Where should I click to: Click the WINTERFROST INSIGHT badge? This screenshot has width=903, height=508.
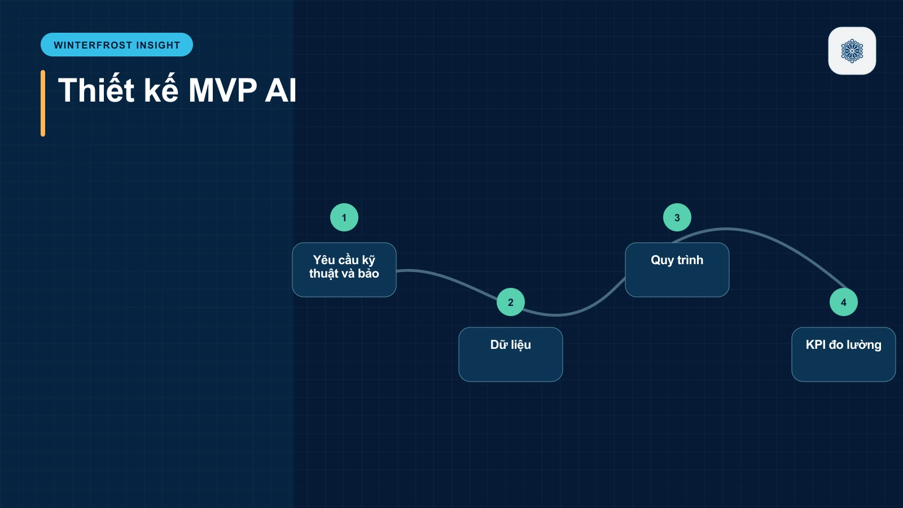(116, 45)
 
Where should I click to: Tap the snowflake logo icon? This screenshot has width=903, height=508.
(852, 51)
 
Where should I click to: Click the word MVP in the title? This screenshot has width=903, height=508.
(222, 90)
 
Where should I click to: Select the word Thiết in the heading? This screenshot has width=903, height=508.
(96, 90)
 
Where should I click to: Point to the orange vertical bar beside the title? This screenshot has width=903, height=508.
(43, 103)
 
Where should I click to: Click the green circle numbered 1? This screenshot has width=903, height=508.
(344, 217)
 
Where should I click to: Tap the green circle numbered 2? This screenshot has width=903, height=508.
(510, 302)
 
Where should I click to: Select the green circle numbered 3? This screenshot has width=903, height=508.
(677, 217)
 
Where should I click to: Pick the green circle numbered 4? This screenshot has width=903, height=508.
(843, 302)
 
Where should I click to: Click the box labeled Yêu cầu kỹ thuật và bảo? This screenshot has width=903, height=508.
(344, 270)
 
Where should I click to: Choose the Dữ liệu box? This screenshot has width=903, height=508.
(510, 354)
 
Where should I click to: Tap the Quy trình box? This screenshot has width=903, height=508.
(677, 270)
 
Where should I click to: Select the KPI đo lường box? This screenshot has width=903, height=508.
(843, 354)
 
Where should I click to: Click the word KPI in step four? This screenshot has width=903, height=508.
(816, 345)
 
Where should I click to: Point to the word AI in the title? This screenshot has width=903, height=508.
(280, 90)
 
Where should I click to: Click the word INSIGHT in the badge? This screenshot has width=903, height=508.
(158, 45)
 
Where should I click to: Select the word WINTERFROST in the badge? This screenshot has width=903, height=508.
(93, 45)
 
